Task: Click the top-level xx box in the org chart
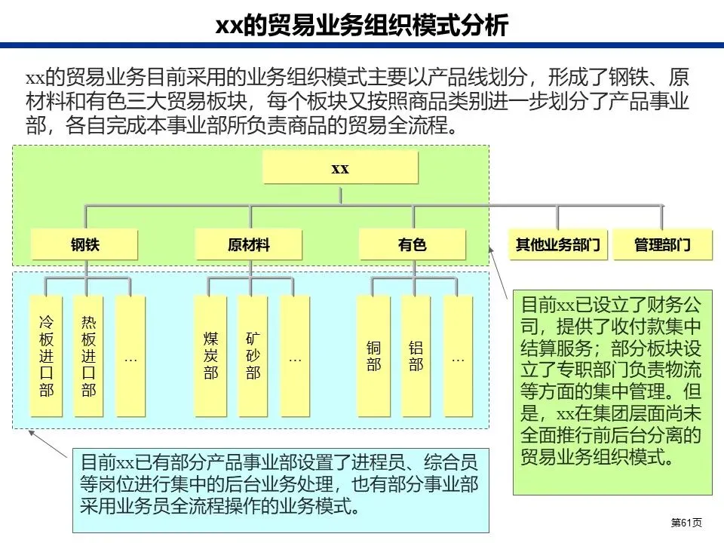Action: (x=340, y=167)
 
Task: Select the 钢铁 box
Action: (x=85, y=244)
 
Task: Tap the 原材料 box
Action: (x=249, y=244)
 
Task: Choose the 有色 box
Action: (x=412, y=244)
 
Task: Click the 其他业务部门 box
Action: (x=557, y=244)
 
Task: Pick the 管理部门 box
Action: (x=662, y=244)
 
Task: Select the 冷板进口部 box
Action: (x=46, y=356)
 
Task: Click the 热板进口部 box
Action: (x=89, y=356)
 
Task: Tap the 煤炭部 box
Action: (x=210, y=356)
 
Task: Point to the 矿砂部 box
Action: (x=253, y=356)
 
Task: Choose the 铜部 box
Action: (x=374, y=356)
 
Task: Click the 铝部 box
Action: (x=416, y=356)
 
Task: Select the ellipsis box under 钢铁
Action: (x=130, y=356)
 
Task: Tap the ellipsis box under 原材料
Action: (x=295, y=356)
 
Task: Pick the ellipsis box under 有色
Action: (x=458, y=356)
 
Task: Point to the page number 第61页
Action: (x=686, y=523)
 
